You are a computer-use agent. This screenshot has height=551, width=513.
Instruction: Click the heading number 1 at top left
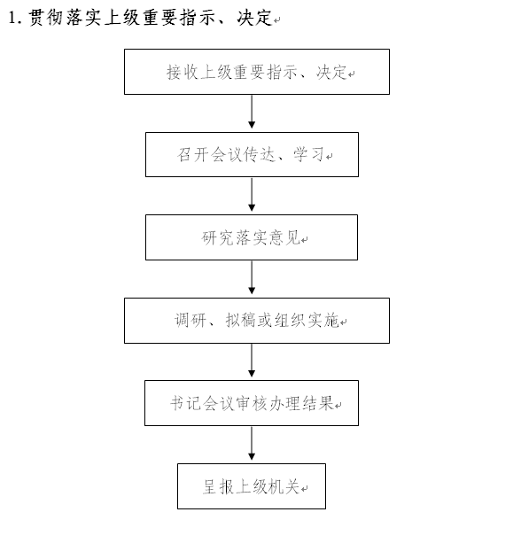[x=13, y=18]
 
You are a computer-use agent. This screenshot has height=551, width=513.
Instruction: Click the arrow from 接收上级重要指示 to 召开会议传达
[x=252, y=112]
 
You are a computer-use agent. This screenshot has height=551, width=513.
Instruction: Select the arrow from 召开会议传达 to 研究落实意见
[x=252, y=194]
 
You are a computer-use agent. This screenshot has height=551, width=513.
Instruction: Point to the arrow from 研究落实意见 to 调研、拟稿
[x=252, y=277]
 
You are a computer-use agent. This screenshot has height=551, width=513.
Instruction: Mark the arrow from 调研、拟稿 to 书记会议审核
[x=252, y=361]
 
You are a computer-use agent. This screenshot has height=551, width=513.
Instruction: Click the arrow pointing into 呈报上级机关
[x=252, y=444]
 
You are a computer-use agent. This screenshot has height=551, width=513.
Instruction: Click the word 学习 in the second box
[x=308, y=155]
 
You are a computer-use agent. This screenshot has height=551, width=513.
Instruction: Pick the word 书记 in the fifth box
[x=186, y=403]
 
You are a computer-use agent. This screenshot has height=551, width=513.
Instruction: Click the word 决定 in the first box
[x=331, y=73]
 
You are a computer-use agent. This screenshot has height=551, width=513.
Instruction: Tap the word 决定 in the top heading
[x=254, y=18]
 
